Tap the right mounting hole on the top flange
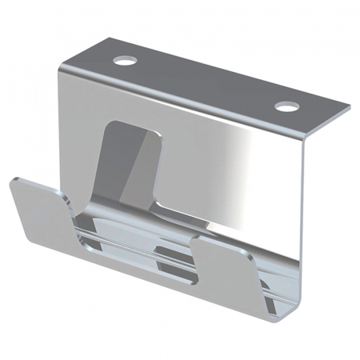[286, 106]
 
